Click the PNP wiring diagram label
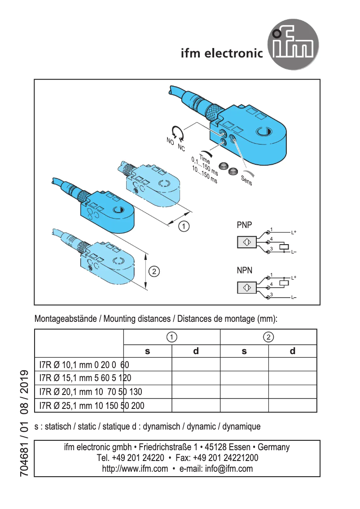pyautogui.click(x=244, y=225)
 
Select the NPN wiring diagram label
pyautogui.click(x=244, y=270)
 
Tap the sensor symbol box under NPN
pyautogui.click(x=247, y=287)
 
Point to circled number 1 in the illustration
pyautogui.click(x=184, y=226)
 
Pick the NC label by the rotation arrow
pyautogui.click(x=181, y=147)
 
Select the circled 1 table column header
pyautogui.click(x=171, y=337)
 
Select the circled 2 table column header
pyautogui.click(x=268, y=337)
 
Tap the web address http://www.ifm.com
pyautogui.click(x=135, y=469)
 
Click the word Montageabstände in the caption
pyautogui.click(x=65, y=319)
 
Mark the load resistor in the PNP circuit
pyautogui.click(x=284, y=246)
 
